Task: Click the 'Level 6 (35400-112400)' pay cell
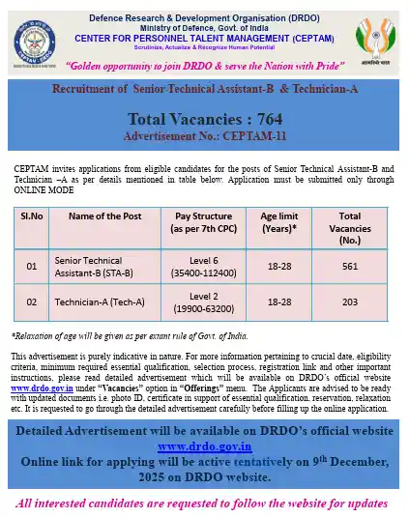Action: point(201,268)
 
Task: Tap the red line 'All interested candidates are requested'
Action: point(204,503)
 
